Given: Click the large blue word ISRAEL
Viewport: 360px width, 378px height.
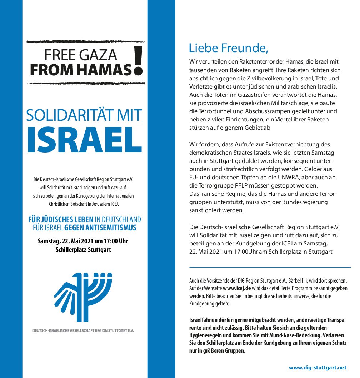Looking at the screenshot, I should [84, 139].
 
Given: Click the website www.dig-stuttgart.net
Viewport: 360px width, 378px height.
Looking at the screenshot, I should [317, 367].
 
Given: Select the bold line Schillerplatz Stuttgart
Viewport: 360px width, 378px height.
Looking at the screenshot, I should [83, 250].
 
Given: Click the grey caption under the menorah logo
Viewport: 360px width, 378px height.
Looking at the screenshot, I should [83, 330].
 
